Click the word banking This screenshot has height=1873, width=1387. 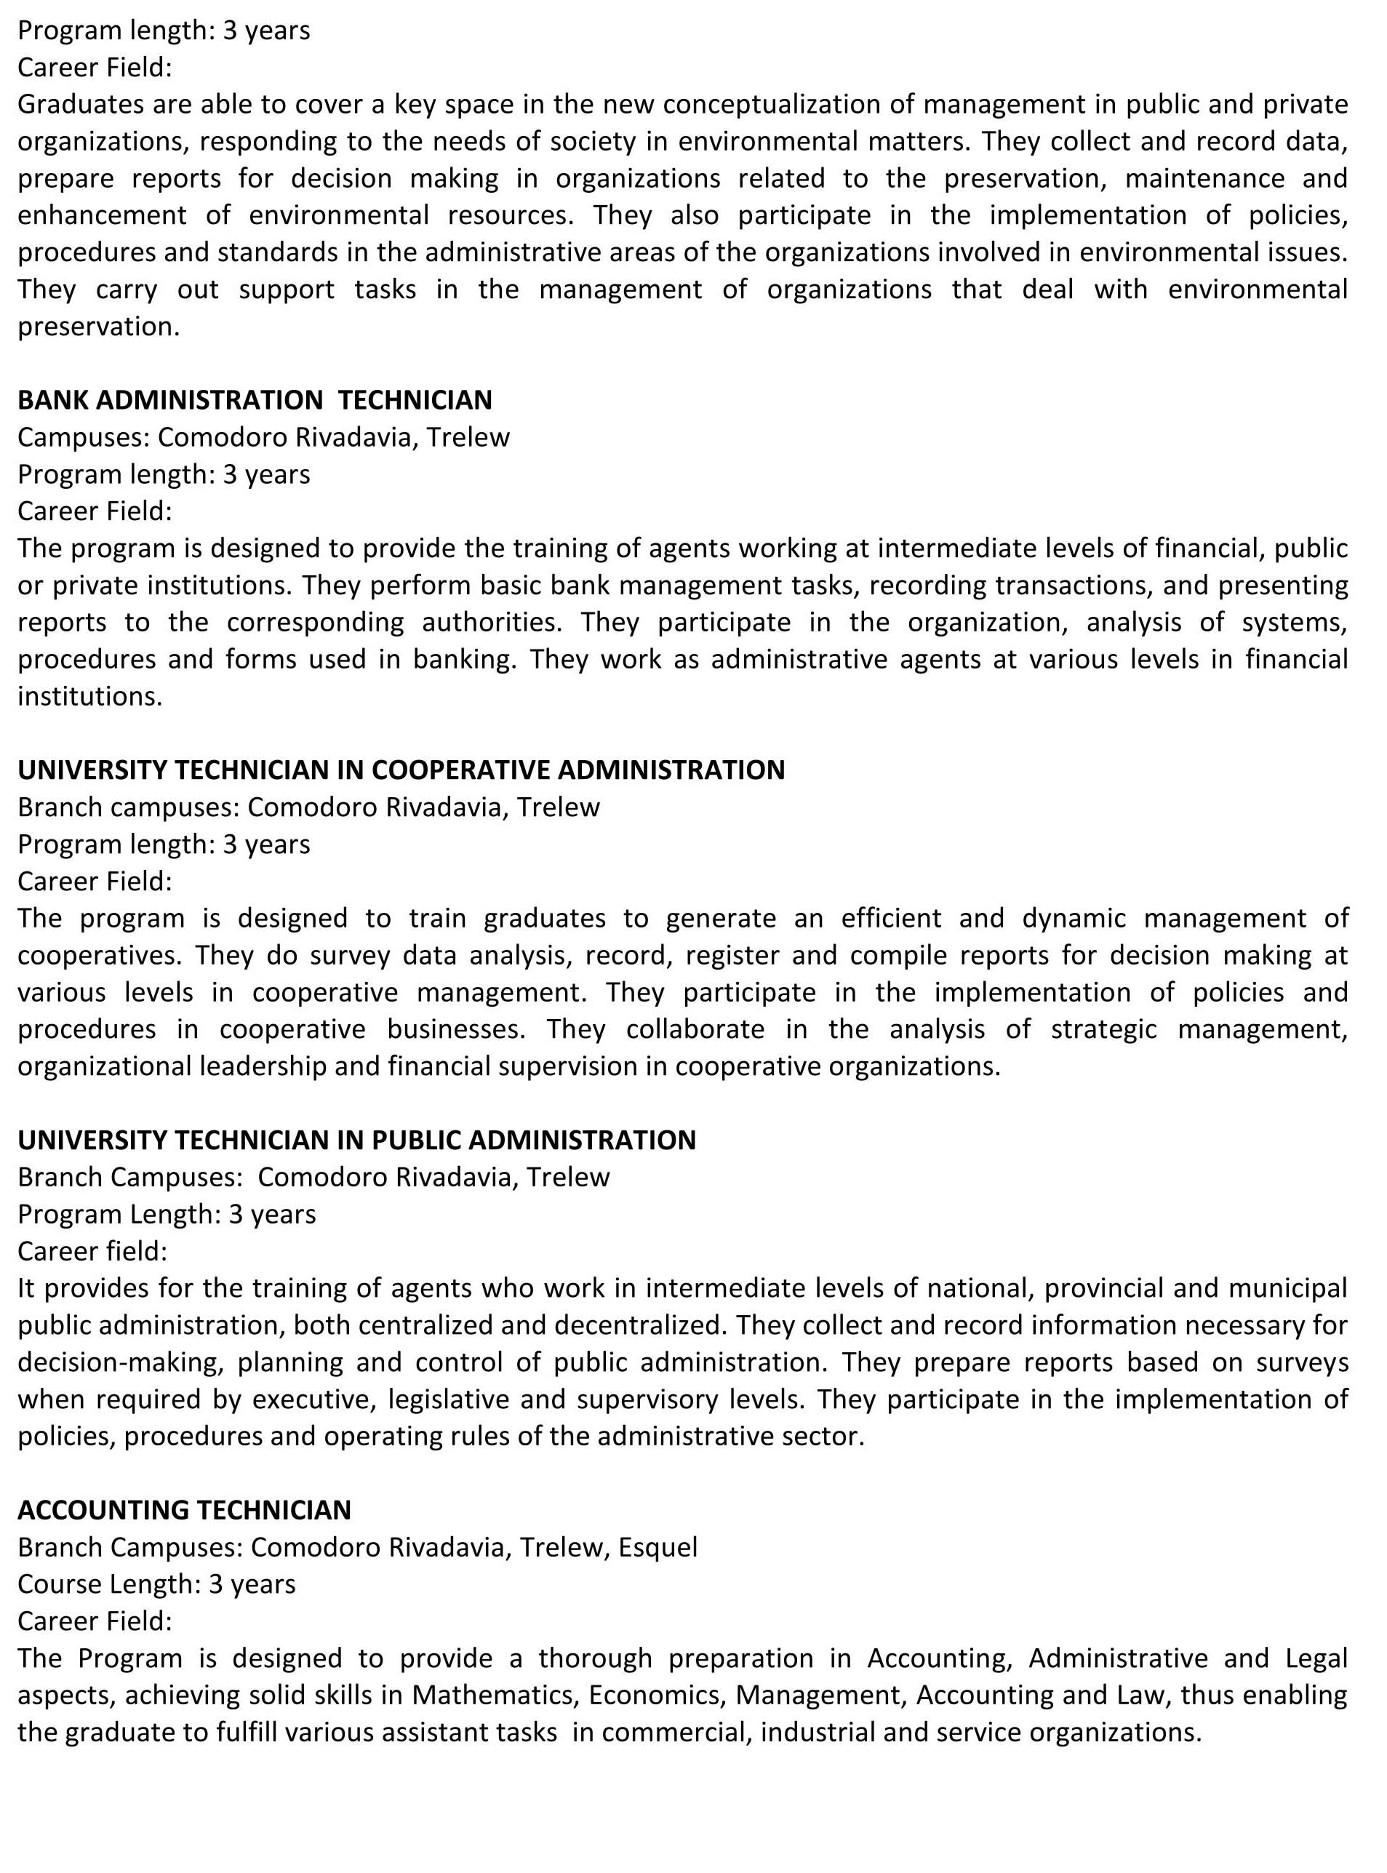click(463, 659)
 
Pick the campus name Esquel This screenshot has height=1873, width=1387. click(657, 1547)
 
